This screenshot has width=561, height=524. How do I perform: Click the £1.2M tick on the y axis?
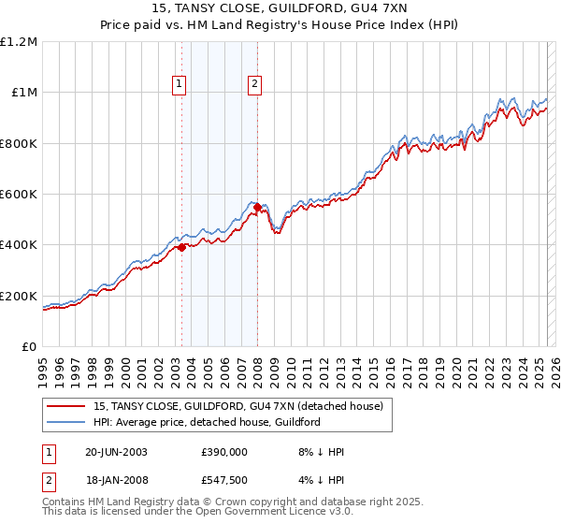(19, 42)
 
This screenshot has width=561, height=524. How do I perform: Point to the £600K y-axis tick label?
(19, 195)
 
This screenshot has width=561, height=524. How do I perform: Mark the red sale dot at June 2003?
(182, 247)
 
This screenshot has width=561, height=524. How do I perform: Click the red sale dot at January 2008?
(257, 207)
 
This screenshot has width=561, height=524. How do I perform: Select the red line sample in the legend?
(66, 406)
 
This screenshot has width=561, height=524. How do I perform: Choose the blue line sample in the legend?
(66, 422)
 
